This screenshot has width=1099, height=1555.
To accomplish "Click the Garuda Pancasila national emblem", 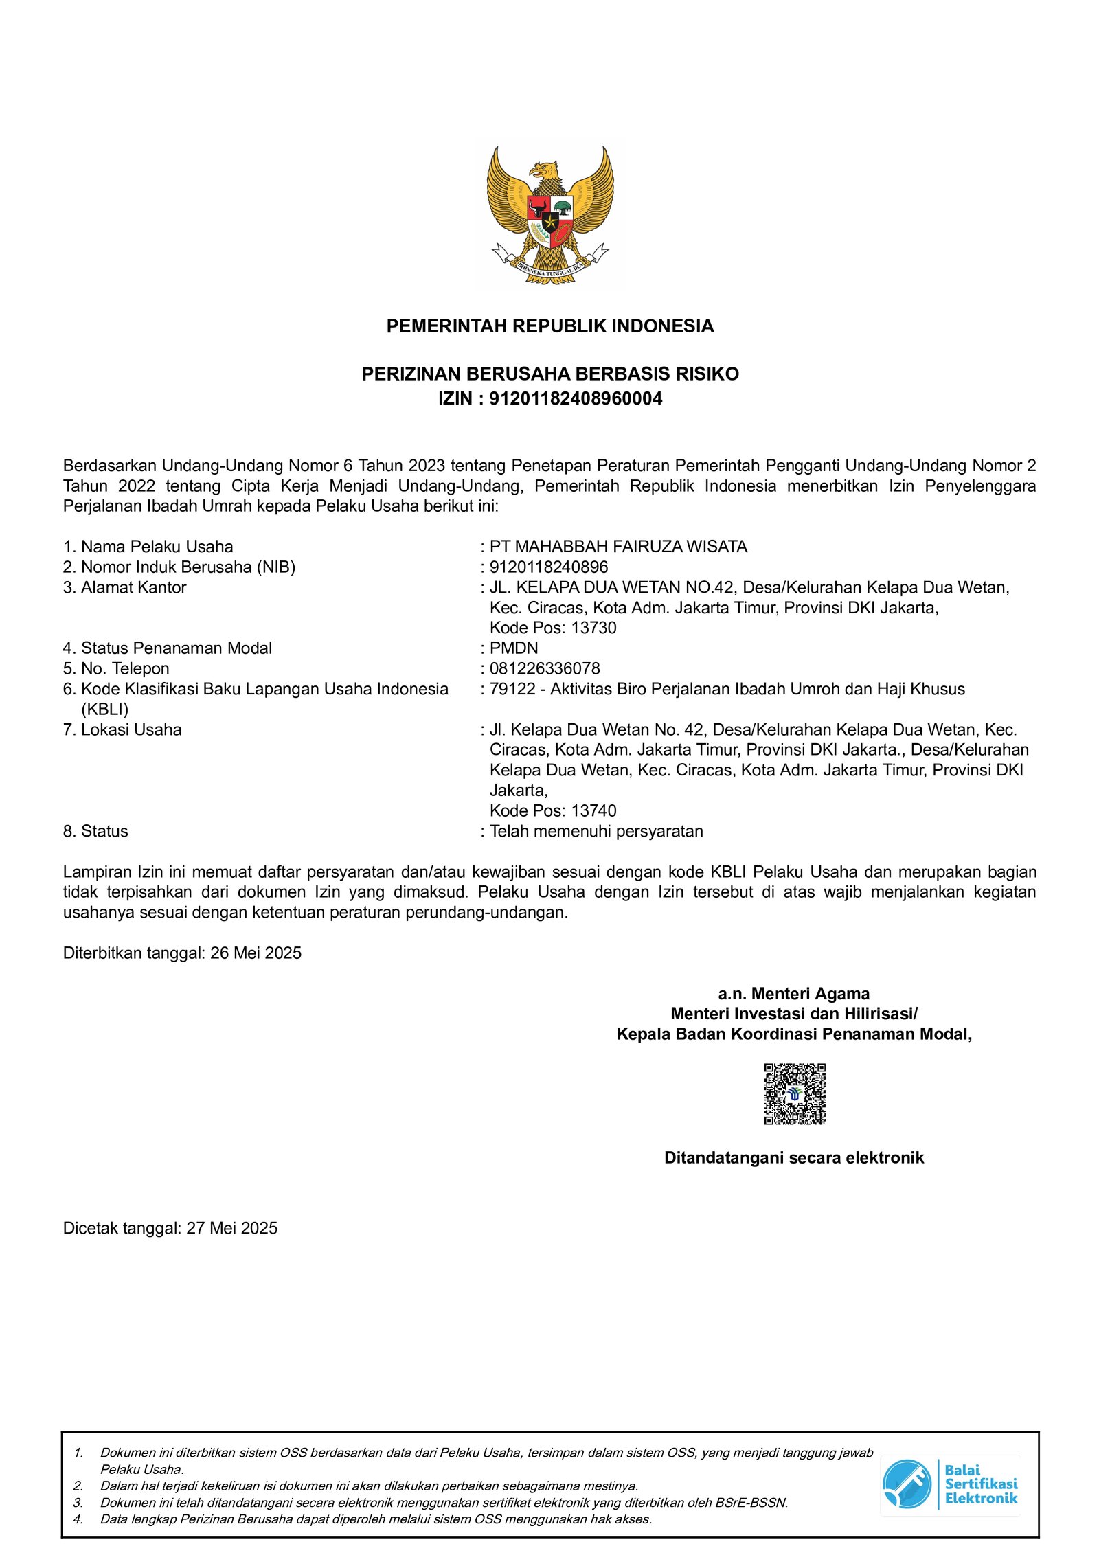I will [549, 214].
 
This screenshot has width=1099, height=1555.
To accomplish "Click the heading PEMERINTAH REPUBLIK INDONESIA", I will [549, 326].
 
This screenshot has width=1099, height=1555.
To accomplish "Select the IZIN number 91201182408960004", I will [575, 399].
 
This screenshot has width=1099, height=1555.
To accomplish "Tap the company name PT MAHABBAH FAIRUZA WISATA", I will [618, 547].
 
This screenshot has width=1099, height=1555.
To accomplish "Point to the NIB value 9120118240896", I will [548, 567].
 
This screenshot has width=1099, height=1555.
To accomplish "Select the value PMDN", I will [514, 648].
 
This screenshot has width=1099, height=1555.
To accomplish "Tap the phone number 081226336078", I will [545, 668].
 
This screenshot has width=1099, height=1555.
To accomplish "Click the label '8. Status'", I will [95, 831].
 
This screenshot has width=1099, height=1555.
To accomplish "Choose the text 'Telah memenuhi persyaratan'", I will [596, 831].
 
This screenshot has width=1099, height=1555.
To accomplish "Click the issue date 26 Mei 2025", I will [256, 953].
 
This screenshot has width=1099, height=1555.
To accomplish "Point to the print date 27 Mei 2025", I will [231, 1228].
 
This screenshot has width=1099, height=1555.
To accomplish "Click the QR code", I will [794, 1094].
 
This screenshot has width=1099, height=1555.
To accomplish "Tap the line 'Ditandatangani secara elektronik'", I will [793, 1158].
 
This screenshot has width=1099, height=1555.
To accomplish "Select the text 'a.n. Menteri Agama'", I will [793, 994].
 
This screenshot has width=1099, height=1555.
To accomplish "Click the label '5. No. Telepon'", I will [116, 668].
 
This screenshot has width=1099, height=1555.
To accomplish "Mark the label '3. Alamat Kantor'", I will [124, 587].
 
